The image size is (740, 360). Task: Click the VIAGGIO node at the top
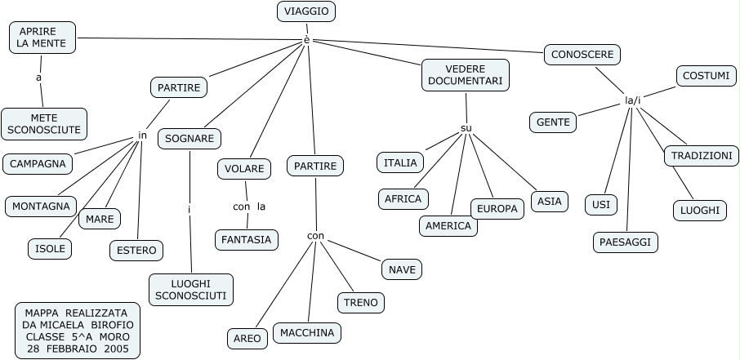click(x=306, y=11)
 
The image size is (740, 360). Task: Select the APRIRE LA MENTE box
click(x=42, y=38)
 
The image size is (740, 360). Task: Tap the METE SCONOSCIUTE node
click(x=44, y=123)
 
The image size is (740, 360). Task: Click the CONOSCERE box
click(x=582, y=55)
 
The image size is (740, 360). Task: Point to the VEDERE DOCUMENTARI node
click(x=466, y=75)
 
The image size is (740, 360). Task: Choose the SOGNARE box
click(x=189, y=139)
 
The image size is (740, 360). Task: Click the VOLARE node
click(x=244, y=169)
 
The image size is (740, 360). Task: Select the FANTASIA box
click(x=247, y=240)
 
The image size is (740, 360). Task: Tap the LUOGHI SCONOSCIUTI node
click(x=191, y=289)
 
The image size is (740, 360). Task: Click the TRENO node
click(x=361, y=302)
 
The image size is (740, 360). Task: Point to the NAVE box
click(x=402, y=269)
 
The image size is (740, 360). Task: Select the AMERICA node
click(x=448, y=226)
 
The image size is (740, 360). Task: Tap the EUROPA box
click(x=497, y=209)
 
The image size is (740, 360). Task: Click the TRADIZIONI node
click(x=701, y=156)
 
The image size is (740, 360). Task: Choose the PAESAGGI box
click(x=625, y=242)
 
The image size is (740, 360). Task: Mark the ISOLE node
click(x=51, y=248)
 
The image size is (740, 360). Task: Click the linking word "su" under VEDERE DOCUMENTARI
click(x=466, y=128)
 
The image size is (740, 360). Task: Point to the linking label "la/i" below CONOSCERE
click(x=633, y=100)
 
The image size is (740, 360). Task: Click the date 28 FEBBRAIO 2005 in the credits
click(x=77, y=349)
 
